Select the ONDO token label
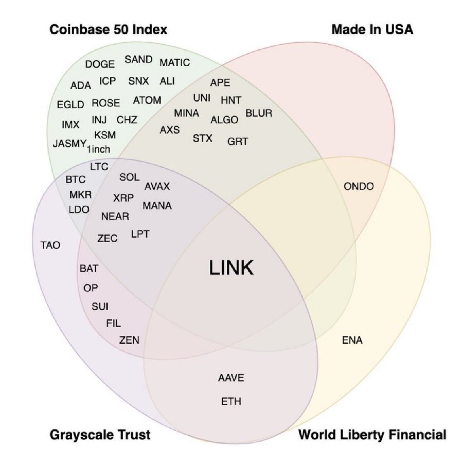[359, 186]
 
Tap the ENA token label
[352, 340]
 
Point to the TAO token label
[50, 245]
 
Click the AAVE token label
[231, 378]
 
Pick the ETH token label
[231, 401]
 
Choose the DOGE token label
[100, 64]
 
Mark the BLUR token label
[259, 113]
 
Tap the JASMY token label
[69, 144]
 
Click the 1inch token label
[99, 149]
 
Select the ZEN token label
[129, 340]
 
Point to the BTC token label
[75, 180]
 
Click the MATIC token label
[175, 63]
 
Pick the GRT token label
[238, 142]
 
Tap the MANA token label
[157, 206]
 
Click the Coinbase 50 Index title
[108, 30]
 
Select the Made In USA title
[372, 30]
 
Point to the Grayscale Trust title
[100, 435]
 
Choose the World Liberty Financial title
[372, 435]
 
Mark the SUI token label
[100, 306]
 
